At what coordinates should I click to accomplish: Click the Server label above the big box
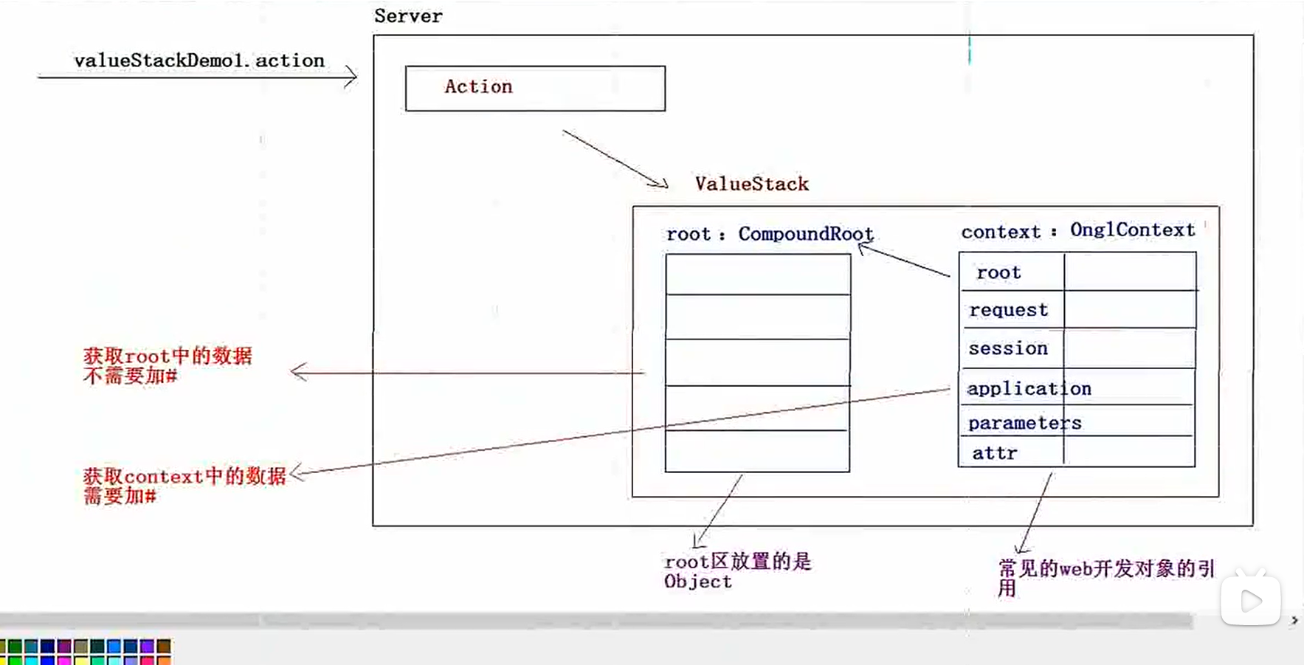[x=408, y=16]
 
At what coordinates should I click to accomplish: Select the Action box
[x=535, y=89]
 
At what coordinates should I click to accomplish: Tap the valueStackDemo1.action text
[x=199, y=61]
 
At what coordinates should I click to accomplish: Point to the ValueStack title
[x=751, y=184]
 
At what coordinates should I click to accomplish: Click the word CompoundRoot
[x=805, y=234]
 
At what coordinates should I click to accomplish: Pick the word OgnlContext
[x=1132, y=230]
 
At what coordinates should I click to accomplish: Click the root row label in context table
[x=998, y=272]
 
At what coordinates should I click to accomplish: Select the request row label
[x=1008, y=310]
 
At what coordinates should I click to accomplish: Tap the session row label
[x=1008, y=348]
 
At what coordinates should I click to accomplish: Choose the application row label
[x=1029, y=389]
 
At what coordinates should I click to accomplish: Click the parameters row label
[x=1024, y=423]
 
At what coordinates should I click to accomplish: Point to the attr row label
[x=994, y=453]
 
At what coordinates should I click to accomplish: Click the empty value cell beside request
[x=1129, y=310]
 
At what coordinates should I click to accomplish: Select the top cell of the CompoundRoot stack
[x=758, y=275]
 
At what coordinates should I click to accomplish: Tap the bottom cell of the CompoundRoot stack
[x=757, y=451]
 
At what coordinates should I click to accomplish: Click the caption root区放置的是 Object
[x=737, y=571]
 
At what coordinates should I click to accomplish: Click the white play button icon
[x=1250, y=601]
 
